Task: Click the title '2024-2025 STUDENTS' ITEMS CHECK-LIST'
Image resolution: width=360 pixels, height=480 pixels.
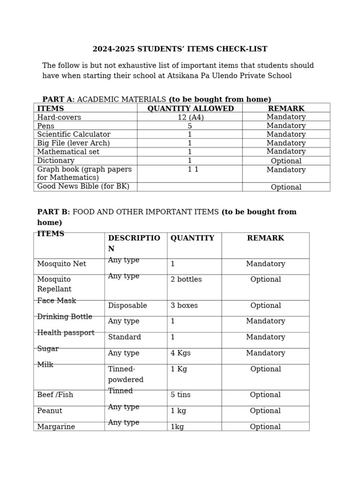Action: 180,49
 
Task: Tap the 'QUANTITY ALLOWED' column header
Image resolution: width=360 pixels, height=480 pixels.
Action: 190,109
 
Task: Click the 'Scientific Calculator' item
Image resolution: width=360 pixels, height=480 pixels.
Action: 74,135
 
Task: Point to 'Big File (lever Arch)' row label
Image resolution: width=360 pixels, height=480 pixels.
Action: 73,143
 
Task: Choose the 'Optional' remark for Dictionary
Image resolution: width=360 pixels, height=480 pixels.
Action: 286,161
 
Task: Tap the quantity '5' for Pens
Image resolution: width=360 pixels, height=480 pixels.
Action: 190,126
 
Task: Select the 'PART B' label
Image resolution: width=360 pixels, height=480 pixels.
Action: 52,212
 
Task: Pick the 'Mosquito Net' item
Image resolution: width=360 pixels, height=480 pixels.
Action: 61,264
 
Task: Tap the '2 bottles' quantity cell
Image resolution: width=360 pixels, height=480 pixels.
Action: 186,279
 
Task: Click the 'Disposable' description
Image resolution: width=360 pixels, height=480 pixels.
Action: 127,306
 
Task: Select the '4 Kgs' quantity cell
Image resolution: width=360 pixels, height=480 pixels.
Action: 180,353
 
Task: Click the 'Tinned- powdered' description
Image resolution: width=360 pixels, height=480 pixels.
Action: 126,374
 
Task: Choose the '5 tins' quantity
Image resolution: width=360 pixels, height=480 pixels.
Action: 180,395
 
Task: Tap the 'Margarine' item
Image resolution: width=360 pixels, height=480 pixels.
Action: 56,427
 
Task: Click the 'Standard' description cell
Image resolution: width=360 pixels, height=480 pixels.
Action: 124,337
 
